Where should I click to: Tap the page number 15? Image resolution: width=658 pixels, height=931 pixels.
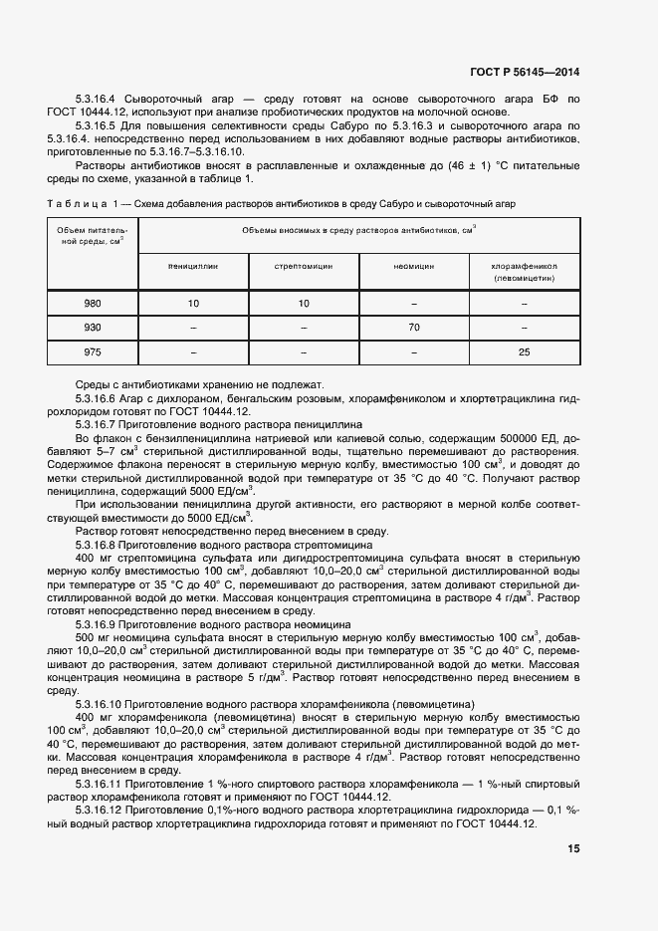[x=574, y=849]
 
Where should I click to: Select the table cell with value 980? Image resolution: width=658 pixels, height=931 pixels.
[x=93, y=303]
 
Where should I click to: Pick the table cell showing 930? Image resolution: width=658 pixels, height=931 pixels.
[x=93, y=328]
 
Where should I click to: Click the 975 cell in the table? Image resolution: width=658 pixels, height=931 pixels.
[x=93, y=352]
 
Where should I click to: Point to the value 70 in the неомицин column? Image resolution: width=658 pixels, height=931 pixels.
[x=415, y=328]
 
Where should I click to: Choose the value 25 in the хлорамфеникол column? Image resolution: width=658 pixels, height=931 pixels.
[x=525, y=352]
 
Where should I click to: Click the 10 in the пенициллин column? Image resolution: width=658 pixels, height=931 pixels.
[x=193, y=303]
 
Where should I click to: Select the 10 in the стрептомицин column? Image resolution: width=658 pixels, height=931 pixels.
[x=304, y=303]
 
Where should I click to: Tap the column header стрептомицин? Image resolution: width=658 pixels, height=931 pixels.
[x=304, y=267]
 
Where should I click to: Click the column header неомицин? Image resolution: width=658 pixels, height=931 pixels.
[x=415, y=267]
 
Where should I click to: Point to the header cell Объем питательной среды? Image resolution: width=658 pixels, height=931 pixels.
[x=93, y=235]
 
